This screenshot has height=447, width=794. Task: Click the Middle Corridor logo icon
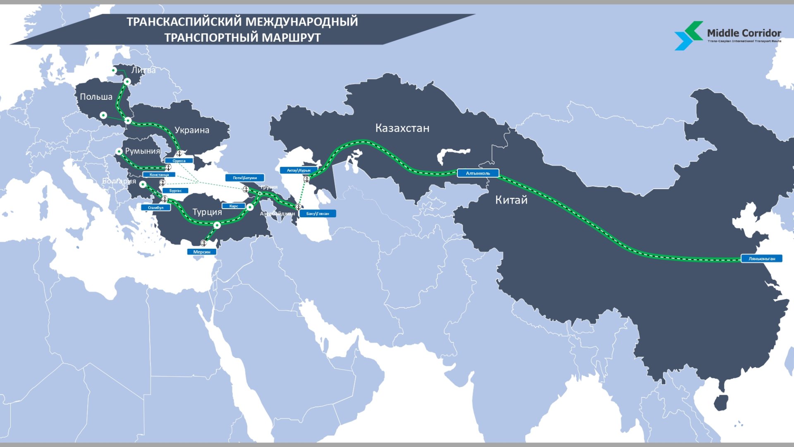click(x=688, y=36)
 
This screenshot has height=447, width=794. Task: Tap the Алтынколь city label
click(x=478, y=173)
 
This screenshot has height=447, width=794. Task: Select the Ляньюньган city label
click(x=761, y=259)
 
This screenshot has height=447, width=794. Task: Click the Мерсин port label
click(x=202, y=252)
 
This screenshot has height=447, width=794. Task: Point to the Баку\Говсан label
click(x=318, y=214)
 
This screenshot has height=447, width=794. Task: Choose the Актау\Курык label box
click(x=299, y=170)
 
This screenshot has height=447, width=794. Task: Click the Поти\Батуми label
click(x=245, y=178)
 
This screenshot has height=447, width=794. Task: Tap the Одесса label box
click(x=179, y=161)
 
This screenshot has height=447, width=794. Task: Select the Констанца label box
click(x=159, y=175)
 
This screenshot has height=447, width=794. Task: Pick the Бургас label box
click(x=175, y=191)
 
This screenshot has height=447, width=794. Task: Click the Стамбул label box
click(x=155, y=208)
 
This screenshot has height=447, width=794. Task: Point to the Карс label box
click(x=234, y=206)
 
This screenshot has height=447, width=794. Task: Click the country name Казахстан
click(x=402, y=128)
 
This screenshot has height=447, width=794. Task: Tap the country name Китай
click(x=511, y=200)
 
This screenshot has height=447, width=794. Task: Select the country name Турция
click(x=207, y=212)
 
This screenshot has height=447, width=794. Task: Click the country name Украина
click(x=192, y=130)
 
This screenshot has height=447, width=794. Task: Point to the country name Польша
click(x=96, y=97)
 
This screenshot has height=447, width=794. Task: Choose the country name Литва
click(x=143, y=70)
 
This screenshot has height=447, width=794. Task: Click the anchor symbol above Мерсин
click(x=203, y=243)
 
